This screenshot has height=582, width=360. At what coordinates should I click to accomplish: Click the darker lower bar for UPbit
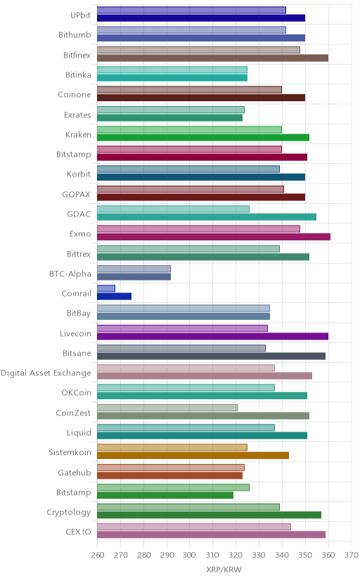point(201,18)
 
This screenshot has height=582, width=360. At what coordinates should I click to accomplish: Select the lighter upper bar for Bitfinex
point(198,50)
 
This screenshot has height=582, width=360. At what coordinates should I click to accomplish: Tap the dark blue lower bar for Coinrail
point(115,296)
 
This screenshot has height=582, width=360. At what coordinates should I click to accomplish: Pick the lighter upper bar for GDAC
point(173,209)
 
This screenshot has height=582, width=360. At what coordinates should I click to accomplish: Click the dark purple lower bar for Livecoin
point(212,336)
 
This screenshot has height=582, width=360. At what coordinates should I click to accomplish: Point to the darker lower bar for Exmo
point(214,237)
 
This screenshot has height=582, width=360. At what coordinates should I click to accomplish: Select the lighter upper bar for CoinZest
point(167,408)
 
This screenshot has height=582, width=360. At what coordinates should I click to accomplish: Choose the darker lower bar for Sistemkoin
point(193,455)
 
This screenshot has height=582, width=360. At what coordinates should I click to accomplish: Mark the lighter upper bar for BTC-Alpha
point(134,269)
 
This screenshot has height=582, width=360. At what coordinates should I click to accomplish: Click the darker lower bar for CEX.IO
point(211,535)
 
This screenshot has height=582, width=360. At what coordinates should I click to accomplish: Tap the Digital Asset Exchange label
point(46,373)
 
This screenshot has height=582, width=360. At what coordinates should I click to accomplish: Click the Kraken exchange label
point(78,134)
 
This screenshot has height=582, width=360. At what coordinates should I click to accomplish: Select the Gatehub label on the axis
point(75,472)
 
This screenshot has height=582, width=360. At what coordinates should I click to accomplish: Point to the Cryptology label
point(69,512)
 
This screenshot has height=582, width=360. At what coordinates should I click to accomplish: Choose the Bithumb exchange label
point(75,35)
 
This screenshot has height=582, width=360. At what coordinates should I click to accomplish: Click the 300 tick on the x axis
point(189,555)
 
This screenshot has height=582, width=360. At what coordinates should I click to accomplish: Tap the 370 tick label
point(352,555)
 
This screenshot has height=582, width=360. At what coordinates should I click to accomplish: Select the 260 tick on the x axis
point(97,555)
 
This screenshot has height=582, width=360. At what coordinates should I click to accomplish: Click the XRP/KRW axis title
point(224,570)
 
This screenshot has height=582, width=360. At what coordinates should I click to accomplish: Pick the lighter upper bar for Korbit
point(188,169)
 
